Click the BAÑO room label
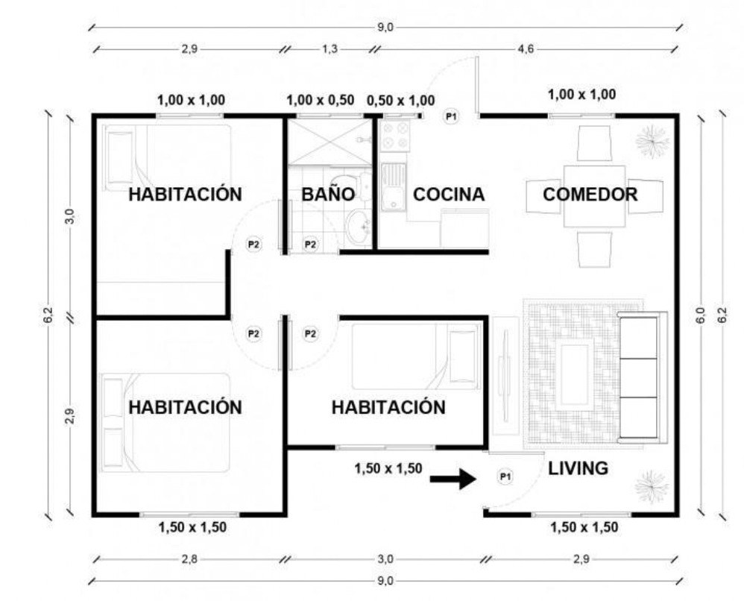[328, 194]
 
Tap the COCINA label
[448, 194]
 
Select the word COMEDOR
[590, 194]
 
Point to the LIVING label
[578, 468]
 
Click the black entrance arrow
[453, 479]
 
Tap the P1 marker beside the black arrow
[505, 476]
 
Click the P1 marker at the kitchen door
[451, 116]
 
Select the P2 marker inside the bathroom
[310, 245]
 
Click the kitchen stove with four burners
[395, 135]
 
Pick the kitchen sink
[394, 186]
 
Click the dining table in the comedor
[595, 196]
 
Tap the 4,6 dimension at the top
[526, 49]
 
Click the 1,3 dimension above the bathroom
[330, 49]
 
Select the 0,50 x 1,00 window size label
[400, 101]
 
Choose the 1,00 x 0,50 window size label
[321, 100]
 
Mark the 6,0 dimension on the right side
[700, 315]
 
